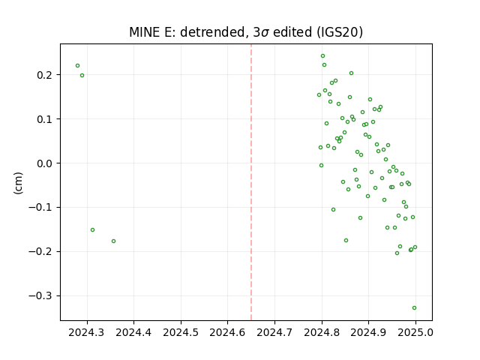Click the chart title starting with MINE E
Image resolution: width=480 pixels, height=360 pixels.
[246, 32]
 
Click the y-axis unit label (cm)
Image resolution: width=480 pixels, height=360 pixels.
[18, 183]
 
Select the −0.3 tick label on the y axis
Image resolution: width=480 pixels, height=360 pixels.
[40, 296]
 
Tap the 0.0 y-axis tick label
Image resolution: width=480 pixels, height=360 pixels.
[45, 163]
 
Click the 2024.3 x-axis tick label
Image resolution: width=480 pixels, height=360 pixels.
[86, 332]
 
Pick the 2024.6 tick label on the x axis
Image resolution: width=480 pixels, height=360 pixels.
[227, 332]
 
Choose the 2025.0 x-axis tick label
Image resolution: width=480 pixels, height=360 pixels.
[415, 332]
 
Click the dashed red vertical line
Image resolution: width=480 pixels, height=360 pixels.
[251, 182]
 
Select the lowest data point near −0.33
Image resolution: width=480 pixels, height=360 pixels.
[414, 308]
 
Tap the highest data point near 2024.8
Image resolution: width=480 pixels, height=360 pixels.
[322, 56]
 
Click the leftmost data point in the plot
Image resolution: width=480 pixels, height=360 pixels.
[77, 66]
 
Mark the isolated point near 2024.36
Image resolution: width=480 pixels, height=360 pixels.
[113, 241]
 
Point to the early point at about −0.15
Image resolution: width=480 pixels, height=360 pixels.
[92, 230]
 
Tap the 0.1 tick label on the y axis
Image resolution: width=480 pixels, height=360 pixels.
[45, 119]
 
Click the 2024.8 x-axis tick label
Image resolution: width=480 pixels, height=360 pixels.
[322, 332]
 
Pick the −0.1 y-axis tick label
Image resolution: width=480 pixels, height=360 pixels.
[40, 208]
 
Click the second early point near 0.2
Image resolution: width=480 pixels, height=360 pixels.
[82, 75]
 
